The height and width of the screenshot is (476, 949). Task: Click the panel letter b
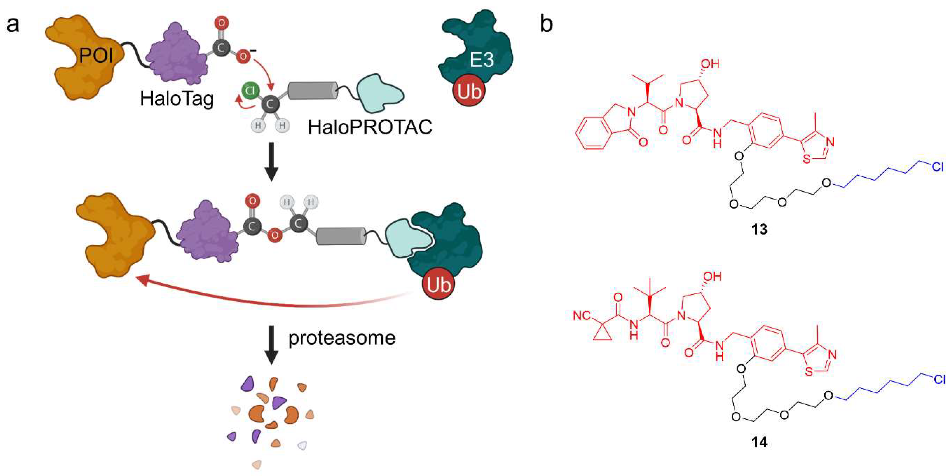tap(546, 24)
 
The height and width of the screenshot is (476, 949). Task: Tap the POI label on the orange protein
tap(96, 56)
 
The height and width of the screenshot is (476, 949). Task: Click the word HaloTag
tap(177, 99)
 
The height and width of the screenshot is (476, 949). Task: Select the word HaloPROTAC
tap(370, 128)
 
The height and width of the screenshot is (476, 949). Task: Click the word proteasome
tap(342, 338)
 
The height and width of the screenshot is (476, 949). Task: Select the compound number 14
tap(759, 442)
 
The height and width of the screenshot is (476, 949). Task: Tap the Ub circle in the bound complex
tap(438, 284)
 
